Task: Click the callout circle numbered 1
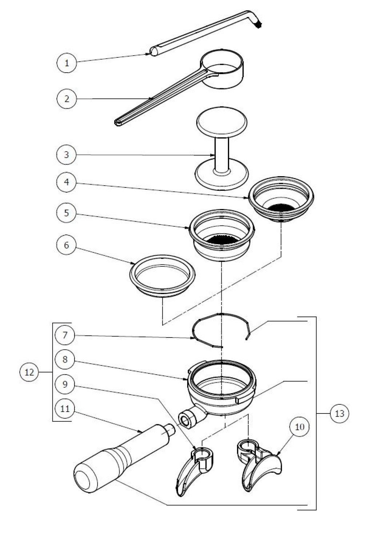67,63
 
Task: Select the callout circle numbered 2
67,98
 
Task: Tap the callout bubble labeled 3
67,154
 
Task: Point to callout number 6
67,245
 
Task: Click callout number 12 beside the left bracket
30,372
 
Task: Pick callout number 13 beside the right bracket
339,413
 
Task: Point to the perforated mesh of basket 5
222,240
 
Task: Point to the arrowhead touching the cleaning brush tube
148,54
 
